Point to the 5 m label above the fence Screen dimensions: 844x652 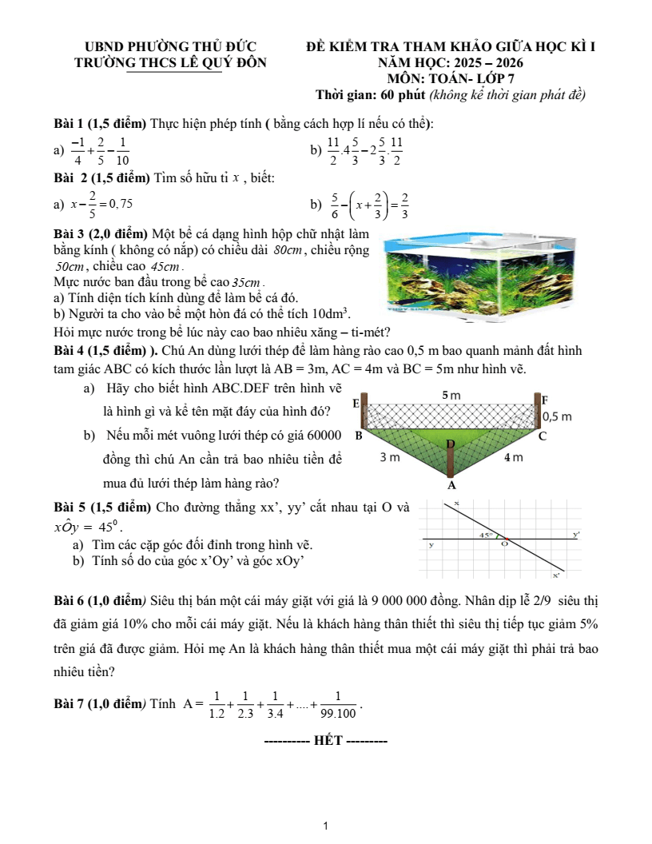click(451, 396)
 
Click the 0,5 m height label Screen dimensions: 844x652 click(557, 417)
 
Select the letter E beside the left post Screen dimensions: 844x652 click(356, 406)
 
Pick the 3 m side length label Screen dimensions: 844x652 click(390, 458)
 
